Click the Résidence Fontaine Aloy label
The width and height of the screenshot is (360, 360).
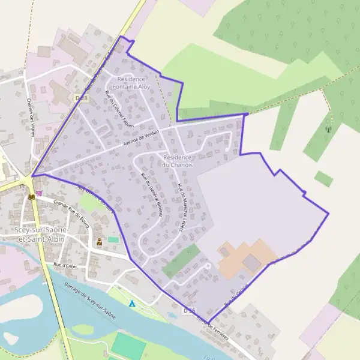[x=135, y=83]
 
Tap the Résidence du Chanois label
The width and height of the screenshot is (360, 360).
[x=178, y=161]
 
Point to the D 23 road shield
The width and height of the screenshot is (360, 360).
[x=82, y=98]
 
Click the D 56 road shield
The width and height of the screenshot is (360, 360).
[x=189, y=310]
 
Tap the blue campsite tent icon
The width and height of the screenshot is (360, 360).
[x=132, y=304]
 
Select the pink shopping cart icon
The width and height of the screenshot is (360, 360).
[x=39, y=193]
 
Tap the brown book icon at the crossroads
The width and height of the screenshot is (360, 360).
[x=31, y=196]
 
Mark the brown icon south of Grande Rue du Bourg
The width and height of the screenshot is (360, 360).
[x=99, y=241]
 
